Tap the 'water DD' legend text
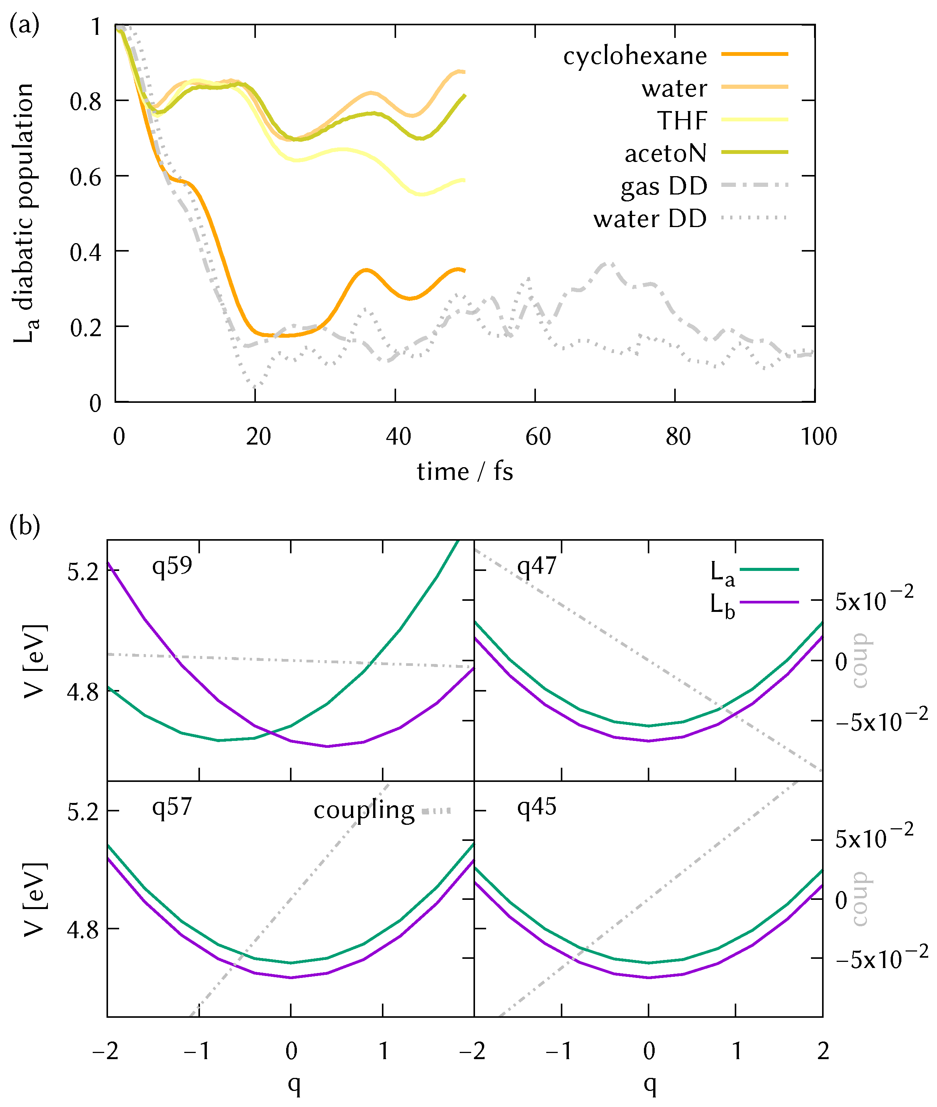click(650, 219)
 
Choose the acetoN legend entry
click(665, 154)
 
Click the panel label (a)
click(25, 25)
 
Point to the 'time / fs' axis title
click(465, 471)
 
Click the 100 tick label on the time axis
click(819, 437)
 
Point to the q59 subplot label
click(172, 566)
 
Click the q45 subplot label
click(536, 807)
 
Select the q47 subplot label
click(536, 566)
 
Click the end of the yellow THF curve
click(464, 180)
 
